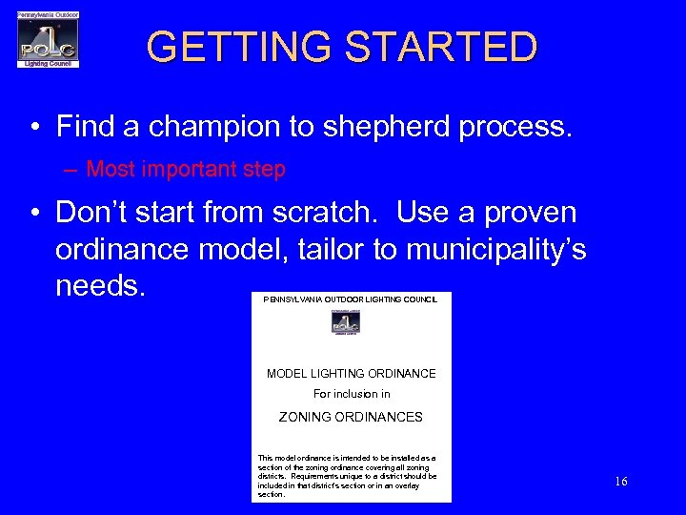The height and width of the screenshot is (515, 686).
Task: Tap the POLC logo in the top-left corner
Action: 48,40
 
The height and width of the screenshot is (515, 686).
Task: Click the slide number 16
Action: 621,482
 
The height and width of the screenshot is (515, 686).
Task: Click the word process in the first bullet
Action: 516,127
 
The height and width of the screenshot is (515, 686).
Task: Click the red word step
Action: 263,170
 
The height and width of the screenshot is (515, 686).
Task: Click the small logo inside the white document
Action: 345,322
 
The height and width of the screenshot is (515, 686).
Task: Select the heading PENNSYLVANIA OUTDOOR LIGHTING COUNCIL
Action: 351,299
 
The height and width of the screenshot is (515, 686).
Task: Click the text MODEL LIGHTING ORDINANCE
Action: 351,374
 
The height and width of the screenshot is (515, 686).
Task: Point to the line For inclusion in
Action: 352,394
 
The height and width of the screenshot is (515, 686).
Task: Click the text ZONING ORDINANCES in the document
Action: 351,417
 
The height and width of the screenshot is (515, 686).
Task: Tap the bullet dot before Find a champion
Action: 33,128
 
